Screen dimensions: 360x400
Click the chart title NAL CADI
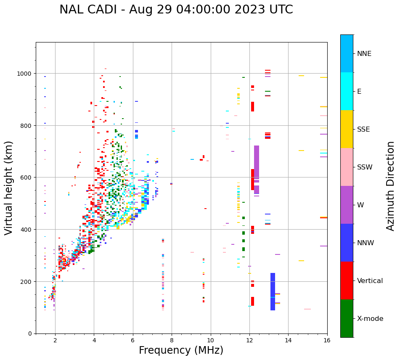[x=176, y=10]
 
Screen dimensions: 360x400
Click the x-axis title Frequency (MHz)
[x=181, y=350]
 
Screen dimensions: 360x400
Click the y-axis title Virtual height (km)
[x=9, y=188]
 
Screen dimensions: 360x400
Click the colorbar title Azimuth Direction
[x=391, y=186]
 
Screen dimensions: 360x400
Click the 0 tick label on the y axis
[x=30, y=334]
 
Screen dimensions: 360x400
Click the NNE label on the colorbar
[x=364, y=53]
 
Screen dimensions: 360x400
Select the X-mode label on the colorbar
[x=370, y=318]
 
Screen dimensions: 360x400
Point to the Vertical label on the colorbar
[x=370, y=281]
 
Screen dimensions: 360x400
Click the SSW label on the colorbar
[x=365, y=167]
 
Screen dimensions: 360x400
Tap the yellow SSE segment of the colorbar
[x=347, y=129]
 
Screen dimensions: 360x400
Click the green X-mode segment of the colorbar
[x=347, y=318]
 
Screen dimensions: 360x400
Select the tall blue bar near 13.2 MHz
[x=273, y=291]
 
